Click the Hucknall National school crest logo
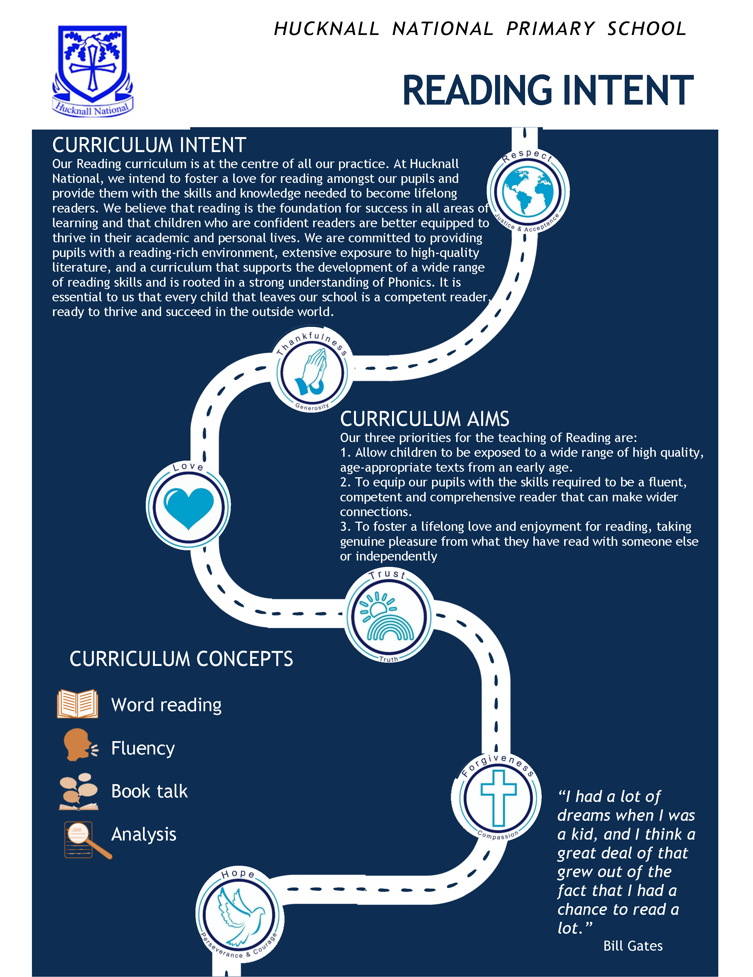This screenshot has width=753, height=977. click(93, 70)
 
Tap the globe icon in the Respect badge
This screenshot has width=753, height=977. click(528, 191)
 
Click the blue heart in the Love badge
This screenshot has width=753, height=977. click(189, 507)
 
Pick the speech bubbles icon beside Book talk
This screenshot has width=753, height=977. click(78, 791)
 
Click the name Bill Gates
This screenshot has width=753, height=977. click(632, 946)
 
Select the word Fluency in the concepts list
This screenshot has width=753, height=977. click(143, 748)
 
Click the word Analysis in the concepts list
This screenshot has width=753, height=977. click(144, 834)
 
